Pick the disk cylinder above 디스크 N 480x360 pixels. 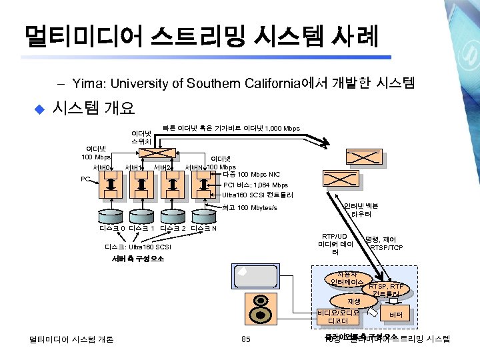[203, 215]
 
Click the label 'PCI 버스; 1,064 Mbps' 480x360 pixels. [256, 185]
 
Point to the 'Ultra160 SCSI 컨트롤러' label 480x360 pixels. [257, 195]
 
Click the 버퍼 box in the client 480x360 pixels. [395, 314]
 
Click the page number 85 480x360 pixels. [245, 340]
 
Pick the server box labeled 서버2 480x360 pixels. [172, 184]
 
